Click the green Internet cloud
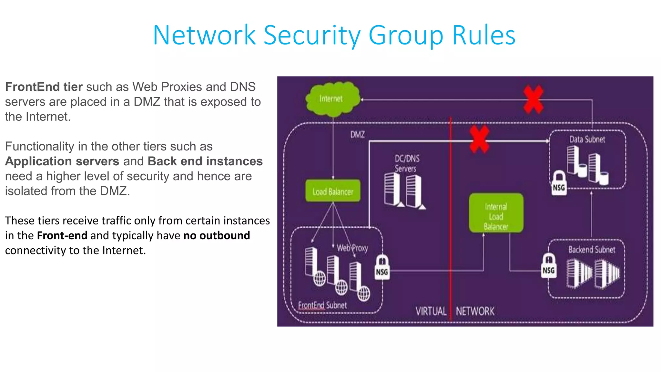point(332,99)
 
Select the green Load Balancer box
point(333,191)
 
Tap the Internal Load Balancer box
point(496,213)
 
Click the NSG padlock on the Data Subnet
point(559,183)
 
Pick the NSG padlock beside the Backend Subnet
point(548,266)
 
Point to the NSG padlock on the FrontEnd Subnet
point(382,267)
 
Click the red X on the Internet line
point(533,99)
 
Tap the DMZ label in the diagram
point(358,134)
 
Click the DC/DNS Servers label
point(407,163)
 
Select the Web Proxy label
point(352,248)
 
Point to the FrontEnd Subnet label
point(322,305)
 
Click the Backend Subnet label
point(592,250)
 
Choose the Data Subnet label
point(587,139)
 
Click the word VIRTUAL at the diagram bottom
point(431,311)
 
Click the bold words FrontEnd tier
point(44,87)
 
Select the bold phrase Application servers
point(62,161)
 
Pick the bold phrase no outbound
point(217,235)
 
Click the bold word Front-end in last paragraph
point(62,235)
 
